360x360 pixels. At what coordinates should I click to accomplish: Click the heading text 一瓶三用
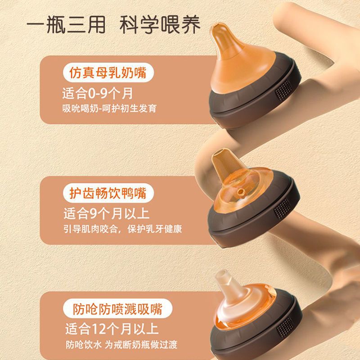(66, 25)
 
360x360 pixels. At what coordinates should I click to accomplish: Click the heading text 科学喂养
(160, 25)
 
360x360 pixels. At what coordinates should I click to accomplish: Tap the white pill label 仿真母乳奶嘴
(108, 72)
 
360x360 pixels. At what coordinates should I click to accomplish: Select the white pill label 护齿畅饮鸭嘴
(108, 193)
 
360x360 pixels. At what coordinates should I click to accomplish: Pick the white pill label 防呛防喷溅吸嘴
(117, 308)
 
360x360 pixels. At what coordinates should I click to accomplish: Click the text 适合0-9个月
(98, 94)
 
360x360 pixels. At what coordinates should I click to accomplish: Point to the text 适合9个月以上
(107, 213)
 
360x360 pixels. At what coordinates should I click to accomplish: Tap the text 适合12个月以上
(112, 329)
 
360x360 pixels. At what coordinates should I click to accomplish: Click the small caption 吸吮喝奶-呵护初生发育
(109, 108)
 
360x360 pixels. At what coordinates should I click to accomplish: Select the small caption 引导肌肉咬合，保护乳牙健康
(123, 229)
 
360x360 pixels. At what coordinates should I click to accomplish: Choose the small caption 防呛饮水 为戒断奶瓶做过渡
(121, 344)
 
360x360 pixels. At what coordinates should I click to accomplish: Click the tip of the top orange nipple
(217, 26)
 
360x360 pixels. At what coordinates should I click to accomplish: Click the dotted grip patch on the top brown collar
(283, 90)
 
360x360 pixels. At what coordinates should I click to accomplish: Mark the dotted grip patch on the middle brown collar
(282, 208)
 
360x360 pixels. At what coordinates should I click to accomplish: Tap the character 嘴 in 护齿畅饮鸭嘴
(140, 193)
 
